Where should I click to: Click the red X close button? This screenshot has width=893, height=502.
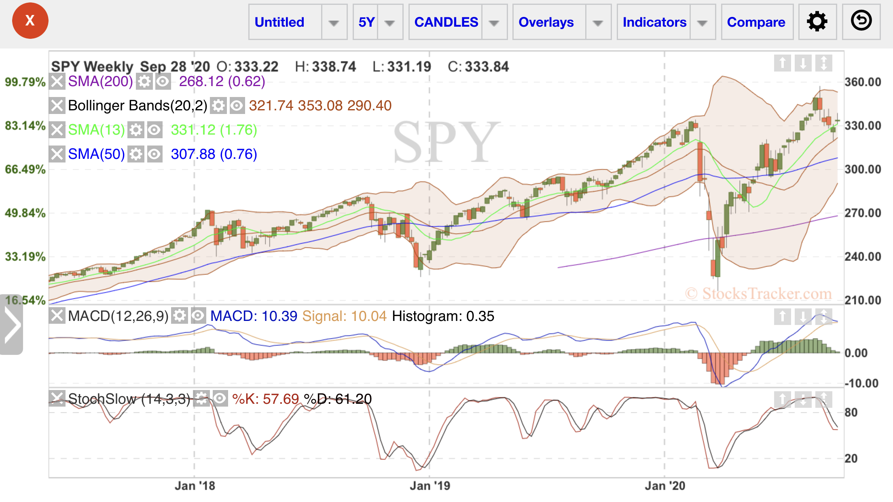30,21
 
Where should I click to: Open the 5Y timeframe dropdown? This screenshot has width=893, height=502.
377,22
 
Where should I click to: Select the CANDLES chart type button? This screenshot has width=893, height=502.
446,22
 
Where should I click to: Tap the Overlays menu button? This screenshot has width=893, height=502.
546,22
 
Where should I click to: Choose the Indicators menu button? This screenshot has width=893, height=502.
654,22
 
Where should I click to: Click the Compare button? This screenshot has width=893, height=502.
756,22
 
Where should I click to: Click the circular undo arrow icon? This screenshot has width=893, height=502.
861,21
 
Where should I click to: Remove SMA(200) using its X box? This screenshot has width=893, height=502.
57,82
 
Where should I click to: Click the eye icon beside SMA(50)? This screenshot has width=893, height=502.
154,154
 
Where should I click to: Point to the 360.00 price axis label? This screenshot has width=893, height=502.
863,82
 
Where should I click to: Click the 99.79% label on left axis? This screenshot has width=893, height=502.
25,82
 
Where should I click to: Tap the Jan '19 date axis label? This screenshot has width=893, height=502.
430,485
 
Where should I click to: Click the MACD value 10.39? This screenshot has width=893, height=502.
279,316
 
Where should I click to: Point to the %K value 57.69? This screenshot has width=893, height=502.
281,399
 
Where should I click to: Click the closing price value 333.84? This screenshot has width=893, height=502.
487,67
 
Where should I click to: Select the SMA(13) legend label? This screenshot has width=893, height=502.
96,130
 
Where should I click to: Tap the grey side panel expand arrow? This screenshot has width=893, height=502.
11,325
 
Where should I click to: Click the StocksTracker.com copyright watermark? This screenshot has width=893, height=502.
758,293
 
